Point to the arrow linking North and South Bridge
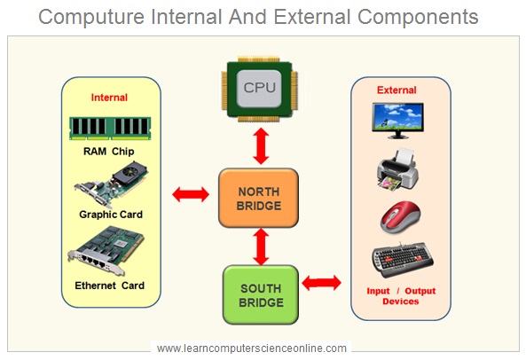point(260,246)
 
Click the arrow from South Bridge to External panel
point(323,283)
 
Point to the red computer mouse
point(401,217)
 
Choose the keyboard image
point(402,261)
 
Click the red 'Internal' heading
point(110,98)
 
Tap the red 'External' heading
point(396,90)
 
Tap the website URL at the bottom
point(251,348)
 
